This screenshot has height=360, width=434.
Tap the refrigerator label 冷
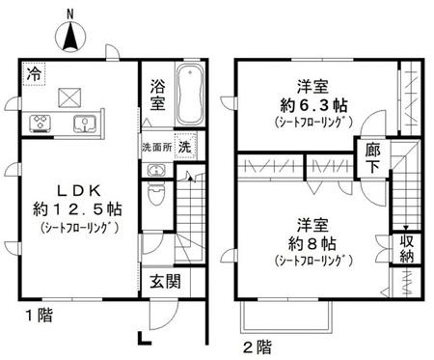point(34,74)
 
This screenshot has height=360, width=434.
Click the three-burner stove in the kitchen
point(41,124)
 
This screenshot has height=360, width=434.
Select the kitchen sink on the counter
point(85,124)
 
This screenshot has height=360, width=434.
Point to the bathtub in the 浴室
point(190,95)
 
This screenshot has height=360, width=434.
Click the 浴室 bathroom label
point(158,95)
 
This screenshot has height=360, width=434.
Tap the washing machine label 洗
point(185,147)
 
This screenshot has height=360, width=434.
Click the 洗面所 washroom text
point(157,148)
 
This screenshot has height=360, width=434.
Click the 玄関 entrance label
point(166,282)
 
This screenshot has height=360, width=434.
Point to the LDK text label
point(79,191)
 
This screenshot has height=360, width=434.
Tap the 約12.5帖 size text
point(77,209)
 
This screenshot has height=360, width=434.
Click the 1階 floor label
point(40,315)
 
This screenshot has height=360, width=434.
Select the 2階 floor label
point(258,346)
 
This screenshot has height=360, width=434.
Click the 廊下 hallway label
point(373,158)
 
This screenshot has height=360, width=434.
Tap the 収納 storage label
point(406,249)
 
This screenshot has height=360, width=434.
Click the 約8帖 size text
point(312,244)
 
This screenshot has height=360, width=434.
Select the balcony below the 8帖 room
point(286,317)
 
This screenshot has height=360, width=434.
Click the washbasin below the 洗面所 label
point(156,170)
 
